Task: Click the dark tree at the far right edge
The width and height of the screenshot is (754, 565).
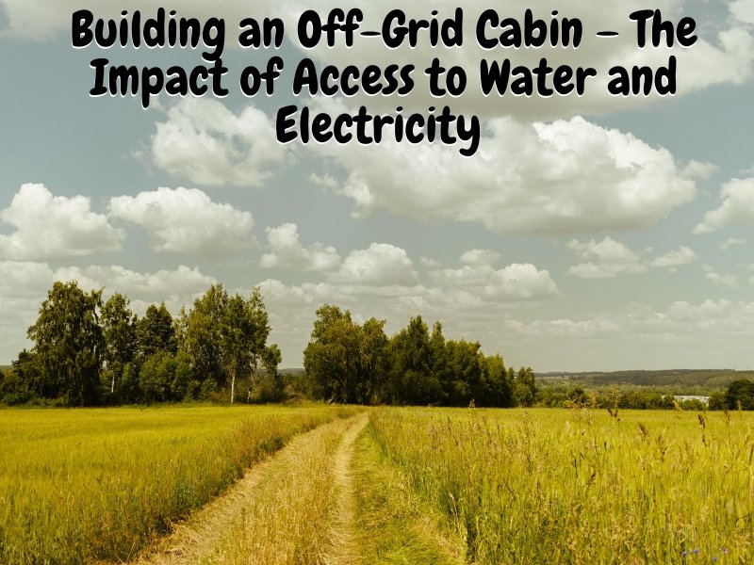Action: (x=740, y=394)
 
